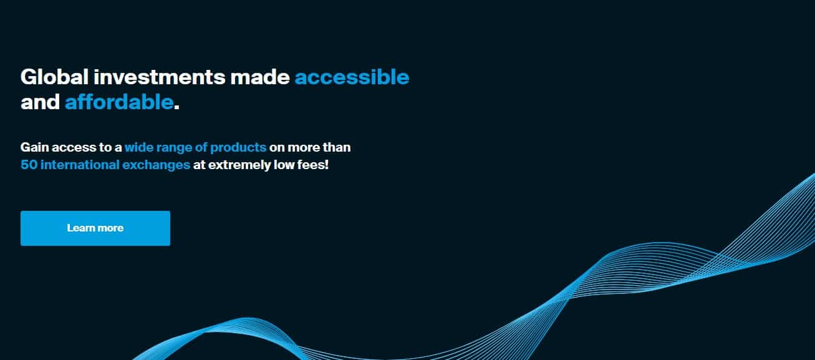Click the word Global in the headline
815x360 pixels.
[x=55, y=77]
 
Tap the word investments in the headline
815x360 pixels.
[x=160, y=77]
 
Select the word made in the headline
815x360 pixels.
[x=260, y=77]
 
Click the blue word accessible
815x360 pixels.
[x=352, y=77]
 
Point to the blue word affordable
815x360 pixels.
[x=119, y=102]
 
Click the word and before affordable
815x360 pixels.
[x=40, y=102]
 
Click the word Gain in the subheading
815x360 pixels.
[x=34, y=147]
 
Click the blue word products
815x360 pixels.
[x=238, y=148]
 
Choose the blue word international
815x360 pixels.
[x=80, y=165]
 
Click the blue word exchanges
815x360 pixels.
[x=156, y=165]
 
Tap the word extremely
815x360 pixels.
[x=239, y=165]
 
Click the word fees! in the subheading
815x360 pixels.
[x=313, y=165]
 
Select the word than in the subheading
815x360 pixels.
[x=337, y=147]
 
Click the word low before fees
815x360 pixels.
[x=284, y=165]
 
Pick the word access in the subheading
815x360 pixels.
[x=74, y=148]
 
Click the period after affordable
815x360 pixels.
[x=176, y=107]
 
